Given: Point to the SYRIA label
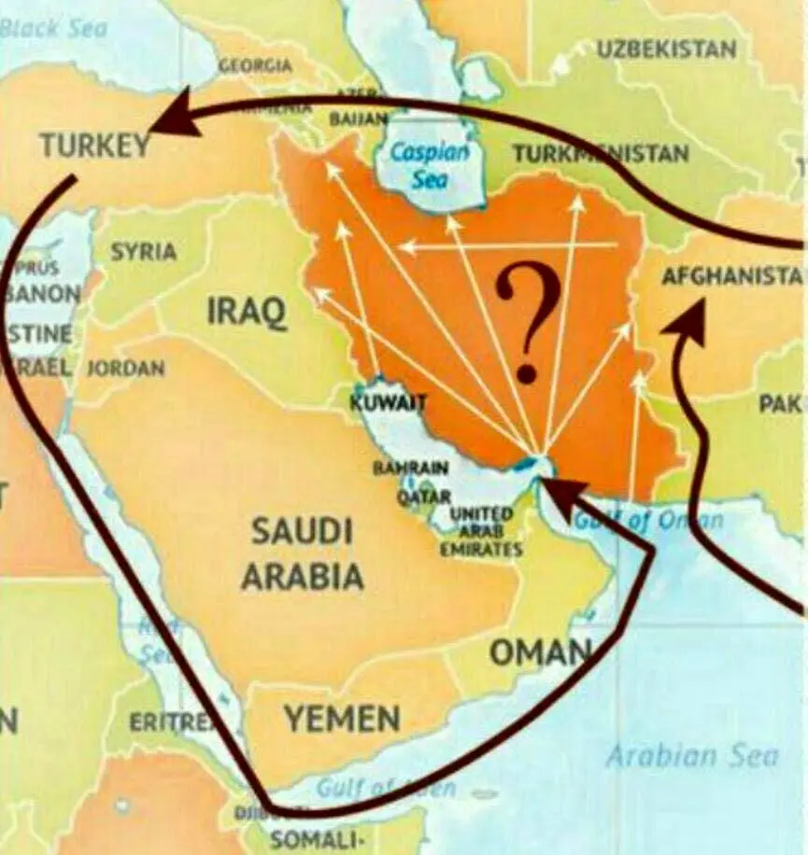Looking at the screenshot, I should (x=143, y=252).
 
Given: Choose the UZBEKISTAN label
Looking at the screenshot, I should (x=666, y=49).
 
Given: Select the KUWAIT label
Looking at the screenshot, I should (x=388, y=403).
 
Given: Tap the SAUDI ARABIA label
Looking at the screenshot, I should (x=302, y=554).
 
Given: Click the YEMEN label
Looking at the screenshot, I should (x=342, y=719).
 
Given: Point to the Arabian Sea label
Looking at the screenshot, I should (x=691, y=754).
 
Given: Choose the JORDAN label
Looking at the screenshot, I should (x=126, y=369).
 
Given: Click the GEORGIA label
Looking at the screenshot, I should (x=255, y=65).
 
